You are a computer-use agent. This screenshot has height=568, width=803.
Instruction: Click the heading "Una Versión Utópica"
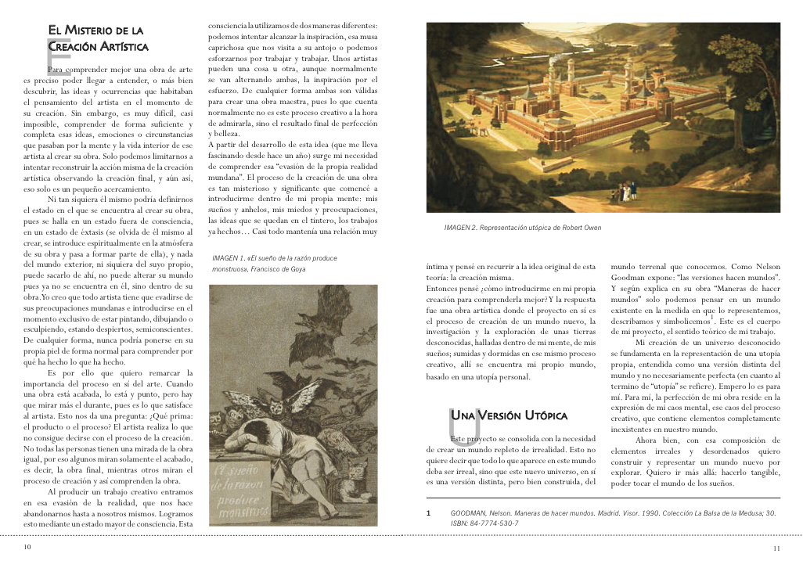pos(509,415)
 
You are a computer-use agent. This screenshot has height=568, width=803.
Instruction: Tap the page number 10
pos(27,547)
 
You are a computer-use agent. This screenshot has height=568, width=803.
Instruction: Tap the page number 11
pos(776,548)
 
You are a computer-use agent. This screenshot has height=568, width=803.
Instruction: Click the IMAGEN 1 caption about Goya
pos(258,263)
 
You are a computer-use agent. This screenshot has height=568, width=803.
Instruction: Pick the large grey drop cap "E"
pos(53,55)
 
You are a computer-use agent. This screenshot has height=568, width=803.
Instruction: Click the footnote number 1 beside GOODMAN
pos(428,514)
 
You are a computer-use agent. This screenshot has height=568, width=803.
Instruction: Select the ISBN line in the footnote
pos(484,523)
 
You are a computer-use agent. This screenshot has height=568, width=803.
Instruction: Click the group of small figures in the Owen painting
pos(623,189)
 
